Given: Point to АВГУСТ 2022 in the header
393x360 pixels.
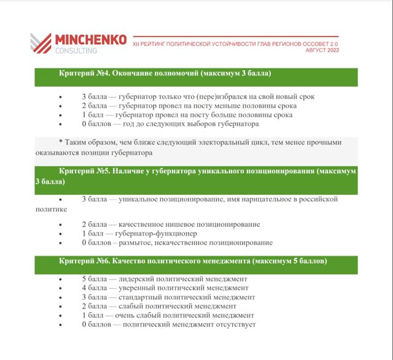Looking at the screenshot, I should click(322, 50).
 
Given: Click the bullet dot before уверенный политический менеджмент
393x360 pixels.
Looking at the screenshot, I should click(60, 288).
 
